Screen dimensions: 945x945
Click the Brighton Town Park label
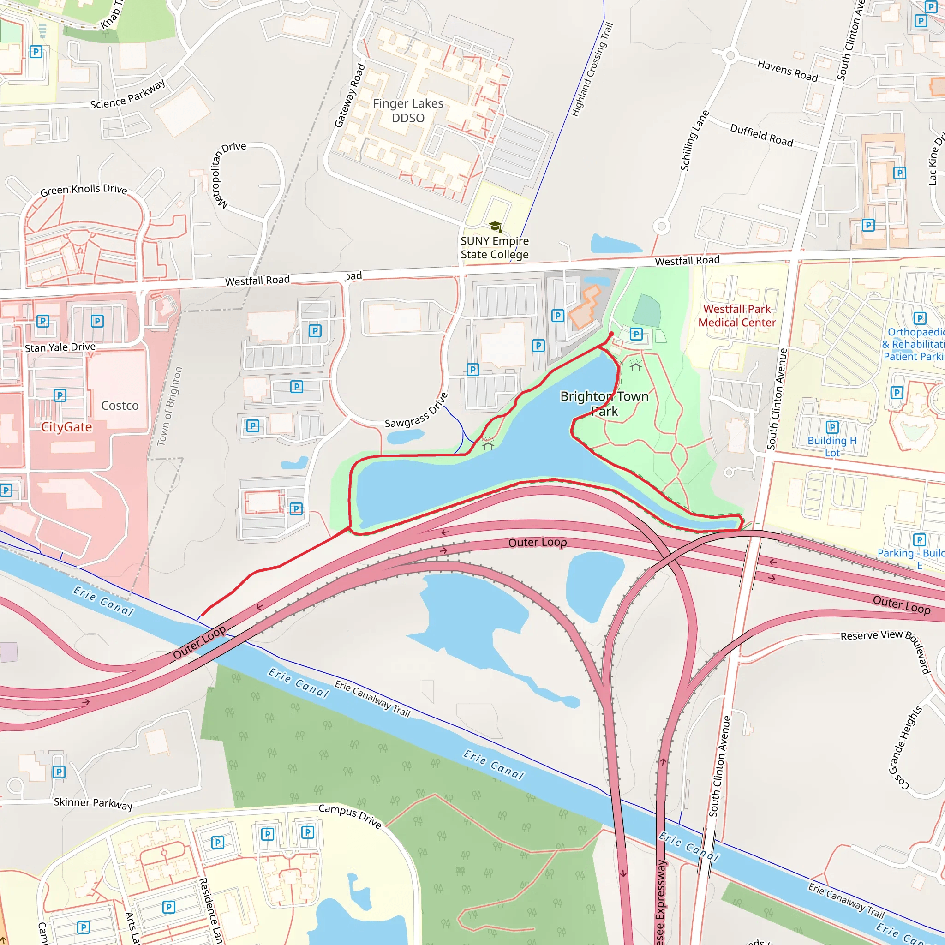click(x=604, y=404)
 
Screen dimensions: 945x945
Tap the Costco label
click(x=120, y=406)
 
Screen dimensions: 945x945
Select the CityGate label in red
click(x=66, y=427)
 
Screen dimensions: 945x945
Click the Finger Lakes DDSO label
click(x=408, y=111)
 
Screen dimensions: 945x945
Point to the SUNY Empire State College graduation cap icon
click(x=495, y=226)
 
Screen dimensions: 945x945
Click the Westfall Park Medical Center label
click(x=736, y=316)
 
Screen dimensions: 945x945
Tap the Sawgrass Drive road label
click(x=416, y=411)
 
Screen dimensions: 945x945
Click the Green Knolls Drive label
click(x=84, y=190)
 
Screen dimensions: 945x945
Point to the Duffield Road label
click(x=761, y=135)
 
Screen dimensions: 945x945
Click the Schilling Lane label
click(x=694, y=140)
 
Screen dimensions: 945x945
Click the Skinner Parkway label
click(x=93, y=803)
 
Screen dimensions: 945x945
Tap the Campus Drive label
click(x=350, y=816)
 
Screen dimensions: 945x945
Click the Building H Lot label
click(x=832, y=446)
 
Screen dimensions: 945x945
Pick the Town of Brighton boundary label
click(x=169, y=406)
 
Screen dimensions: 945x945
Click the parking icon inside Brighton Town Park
click(x=636, y=334)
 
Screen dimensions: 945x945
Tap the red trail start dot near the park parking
click(x=611, y=334)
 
